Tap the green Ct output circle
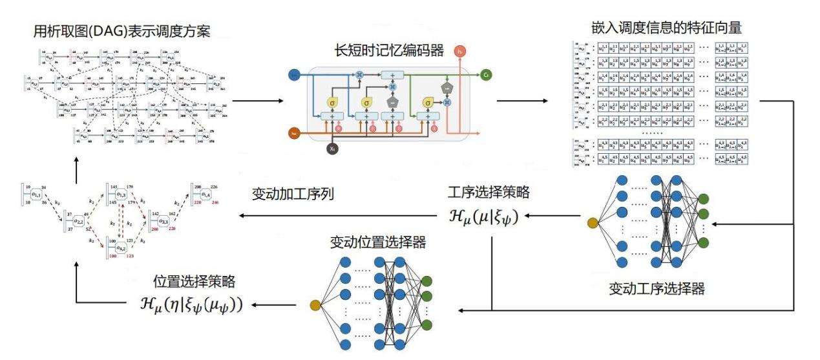486,75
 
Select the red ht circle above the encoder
460,51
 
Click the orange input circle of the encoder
295,133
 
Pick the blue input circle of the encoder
295,75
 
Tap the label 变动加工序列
293,194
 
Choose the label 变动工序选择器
657,288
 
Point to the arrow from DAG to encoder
257,101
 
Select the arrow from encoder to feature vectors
521,101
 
